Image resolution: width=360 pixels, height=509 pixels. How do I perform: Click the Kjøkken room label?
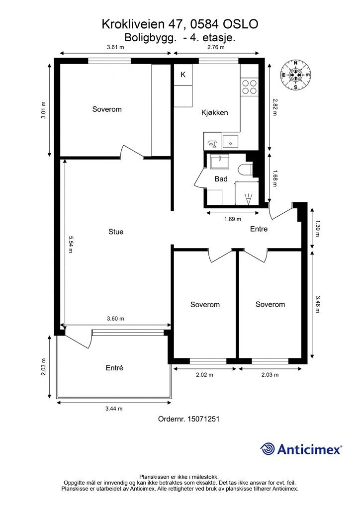coord(215,113)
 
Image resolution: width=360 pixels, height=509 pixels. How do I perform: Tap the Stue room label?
coord(116,232)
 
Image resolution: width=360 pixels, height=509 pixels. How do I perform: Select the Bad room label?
coord(221,179)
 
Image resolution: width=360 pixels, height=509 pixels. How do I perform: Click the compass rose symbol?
coord(296,76)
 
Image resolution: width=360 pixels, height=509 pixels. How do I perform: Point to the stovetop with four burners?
coord(249,86)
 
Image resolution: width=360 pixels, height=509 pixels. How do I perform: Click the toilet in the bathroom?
coord(245,170)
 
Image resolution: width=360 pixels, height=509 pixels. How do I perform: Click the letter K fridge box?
coord(183,75)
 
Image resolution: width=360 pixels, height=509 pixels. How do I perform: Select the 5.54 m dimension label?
coord(71,244)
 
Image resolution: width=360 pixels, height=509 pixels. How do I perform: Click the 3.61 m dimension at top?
coord(115,47)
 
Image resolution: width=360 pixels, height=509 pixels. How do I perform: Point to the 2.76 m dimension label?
coord(216,47)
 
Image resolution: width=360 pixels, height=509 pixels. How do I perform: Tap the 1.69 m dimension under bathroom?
coord(233,219)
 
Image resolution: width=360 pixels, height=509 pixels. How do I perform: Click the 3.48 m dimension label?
coord(318,304)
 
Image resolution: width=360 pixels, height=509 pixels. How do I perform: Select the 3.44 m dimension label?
coord(114,409)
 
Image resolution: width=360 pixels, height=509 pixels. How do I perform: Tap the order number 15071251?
coord(203,419)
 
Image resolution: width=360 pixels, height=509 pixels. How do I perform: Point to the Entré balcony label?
coord(114,368)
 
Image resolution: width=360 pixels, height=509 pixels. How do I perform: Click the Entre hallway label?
coord(259,229)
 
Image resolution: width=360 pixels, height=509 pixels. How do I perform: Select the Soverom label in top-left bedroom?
coord(107,109)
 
